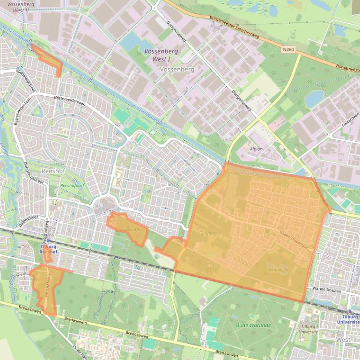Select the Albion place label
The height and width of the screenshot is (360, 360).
[x=256, y=149]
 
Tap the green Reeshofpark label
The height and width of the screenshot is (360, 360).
[x=73, y=186]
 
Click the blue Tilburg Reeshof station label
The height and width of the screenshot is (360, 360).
[x=48, y=249]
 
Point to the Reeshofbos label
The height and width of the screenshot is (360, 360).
[x=132, y=230]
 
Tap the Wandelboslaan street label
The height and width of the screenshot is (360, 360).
[x=329, y=288]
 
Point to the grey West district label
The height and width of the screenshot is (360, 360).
[x=343, y=339]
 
